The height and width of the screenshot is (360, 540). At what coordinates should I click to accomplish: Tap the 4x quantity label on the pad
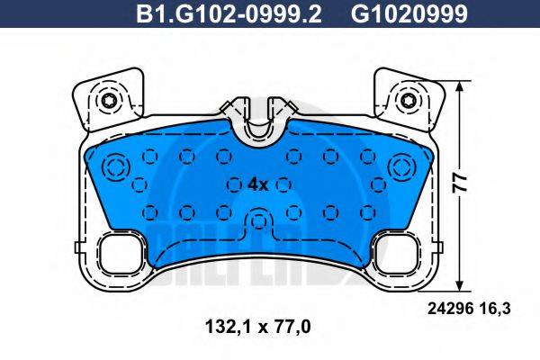pyautogui.click(x=257, y=184)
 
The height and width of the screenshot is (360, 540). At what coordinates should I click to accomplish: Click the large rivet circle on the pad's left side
pyautogui.click(x=116, y=166)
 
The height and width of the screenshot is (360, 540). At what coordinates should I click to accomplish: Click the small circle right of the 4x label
pyautogui.click(x=284, y=184)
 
